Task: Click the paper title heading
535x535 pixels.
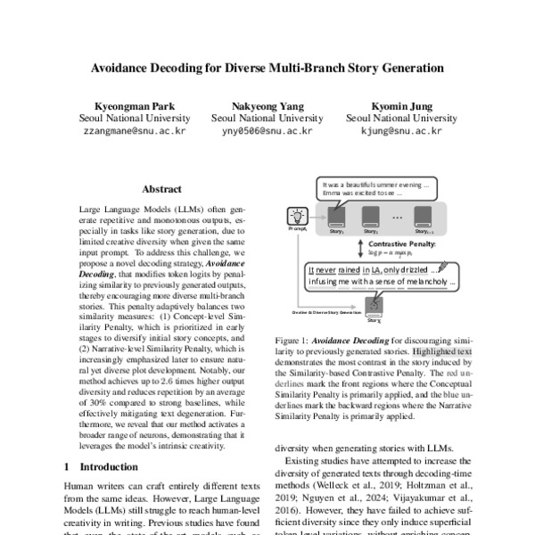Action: [267, 67]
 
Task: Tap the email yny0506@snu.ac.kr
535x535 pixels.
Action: [267, 130]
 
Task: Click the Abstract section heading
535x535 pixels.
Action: [161, 189]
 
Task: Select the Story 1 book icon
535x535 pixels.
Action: [336, 217]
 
